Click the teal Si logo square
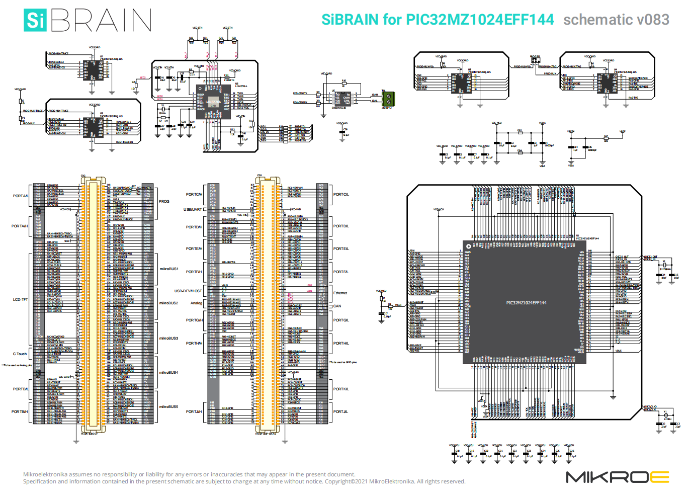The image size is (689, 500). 35,20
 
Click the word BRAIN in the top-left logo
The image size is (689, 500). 101,20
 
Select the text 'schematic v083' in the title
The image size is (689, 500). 616,20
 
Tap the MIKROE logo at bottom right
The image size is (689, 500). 617,477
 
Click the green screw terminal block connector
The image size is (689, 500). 388,99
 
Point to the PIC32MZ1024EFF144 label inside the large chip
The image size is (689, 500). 526,303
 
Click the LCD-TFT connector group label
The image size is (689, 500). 20,300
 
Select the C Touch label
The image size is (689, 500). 20,354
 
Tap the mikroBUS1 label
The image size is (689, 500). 169,269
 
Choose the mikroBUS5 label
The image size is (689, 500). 169,406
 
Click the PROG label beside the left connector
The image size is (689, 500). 164,201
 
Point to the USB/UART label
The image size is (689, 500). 193,209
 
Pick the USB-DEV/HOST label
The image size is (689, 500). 188,291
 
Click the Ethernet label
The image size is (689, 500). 340,293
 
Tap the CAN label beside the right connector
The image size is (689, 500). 337,306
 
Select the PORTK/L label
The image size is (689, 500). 340,389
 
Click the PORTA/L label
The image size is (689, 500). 21,196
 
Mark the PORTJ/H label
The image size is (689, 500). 194,411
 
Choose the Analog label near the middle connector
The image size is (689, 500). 196,303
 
